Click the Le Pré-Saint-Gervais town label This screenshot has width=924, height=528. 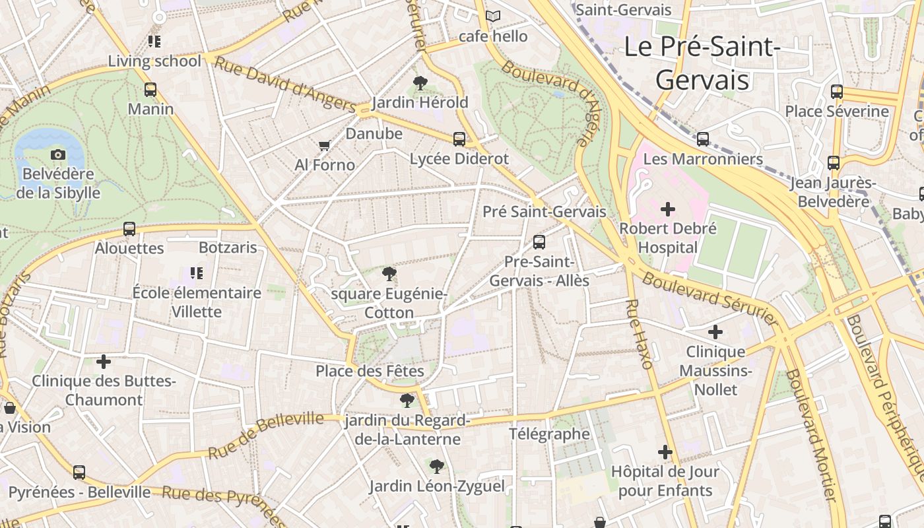[702, 63]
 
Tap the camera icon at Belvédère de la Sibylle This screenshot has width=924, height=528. [58, 154]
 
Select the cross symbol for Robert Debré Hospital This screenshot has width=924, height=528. [668, 209]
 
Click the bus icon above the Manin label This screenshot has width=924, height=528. [150, 89]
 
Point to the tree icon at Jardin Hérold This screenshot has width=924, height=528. [420, 82]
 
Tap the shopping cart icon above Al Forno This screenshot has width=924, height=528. [324, 145]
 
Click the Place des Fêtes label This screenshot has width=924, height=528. [370, 371]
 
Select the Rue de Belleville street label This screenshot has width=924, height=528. [266, 436]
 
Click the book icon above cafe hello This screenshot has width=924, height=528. [493, 16]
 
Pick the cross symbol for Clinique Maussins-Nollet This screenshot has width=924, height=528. [715, 331]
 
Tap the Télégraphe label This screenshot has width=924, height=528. [549, 434]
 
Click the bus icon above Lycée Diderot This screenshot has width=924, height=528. [459, 139]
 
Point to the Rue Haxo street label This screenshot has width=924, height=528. [639, 334]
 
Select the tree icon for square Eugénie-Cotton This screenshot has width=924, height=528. [389, 273]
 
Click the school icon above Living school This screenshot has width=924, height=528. [154, 42]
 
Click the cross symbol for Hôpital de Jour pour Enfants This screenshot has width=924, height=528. [665, 452]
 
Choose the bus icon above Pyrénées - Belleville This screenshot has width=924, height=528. [79, 472]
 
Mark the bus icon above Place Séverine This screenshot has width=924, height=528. [837, 92]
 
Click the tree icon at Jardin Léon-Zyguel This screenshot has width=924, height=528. [436, 467]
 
